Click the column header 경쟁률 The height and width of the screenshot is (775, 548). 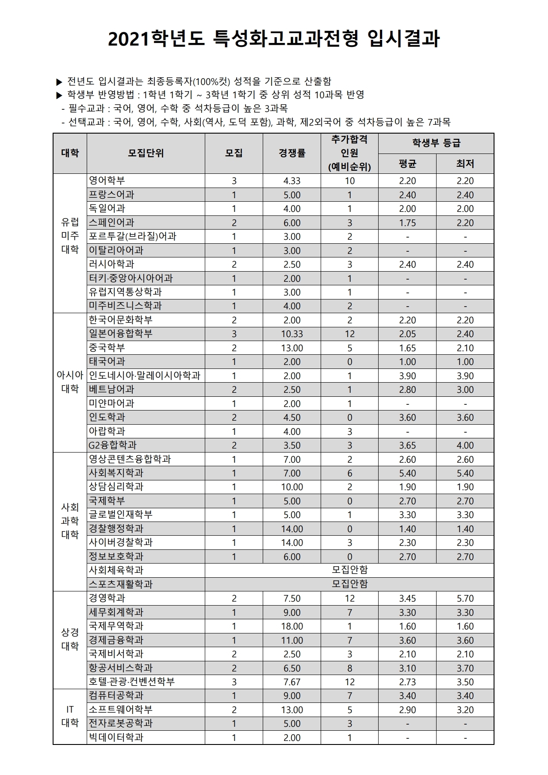291,153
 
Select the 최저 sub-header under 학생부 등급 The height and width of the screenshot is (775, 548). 465,164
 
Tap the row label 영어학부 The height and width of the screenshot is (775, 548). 107,180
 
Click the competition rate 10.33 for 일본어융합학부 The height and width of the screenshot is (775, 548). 291,334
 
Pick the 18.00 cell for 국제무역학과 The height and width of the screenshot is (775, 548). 291,626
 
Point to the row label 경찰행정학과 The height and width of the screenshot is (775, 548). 116,529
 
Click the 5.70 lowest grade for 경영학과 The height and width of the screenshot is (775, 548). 465,599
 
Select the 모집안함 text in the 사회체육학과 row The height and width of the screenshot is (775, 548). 349,570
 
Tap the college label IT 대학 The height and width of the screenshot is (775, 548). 70,717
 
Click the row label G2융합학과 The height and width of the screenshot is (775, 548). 113,445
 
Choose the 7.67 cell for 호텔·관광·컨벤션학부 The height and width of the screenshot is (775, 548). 291,682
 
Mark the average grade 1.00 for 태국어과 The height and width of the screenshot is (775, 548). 407,362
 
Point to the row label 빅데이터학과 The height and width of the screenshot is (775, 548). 116,738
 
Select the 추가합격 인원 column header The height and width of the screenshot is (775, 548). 349,153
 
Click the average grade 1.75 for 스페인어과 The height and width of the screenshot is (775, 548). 407,223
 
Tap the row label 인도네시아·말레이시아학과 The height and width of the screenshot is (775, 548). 145,376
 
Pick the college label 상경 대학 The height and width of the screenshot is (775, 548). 70,640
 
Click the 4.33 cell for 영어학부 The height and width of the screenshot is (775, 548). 291,181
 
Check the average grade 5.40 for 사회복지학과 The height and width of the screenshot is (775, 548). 407,473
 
